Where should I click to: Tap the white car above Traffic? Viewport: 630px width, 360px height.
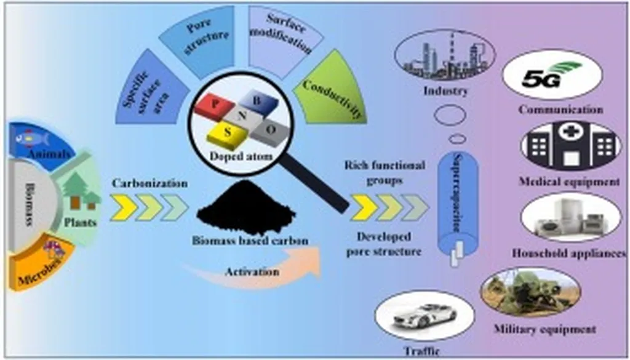tap(425, 315)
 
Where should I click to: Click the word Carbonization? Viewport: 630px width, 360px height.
tap(149, 184)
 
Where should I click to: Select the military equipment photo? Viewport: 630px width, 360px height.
tap(529, 293)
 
